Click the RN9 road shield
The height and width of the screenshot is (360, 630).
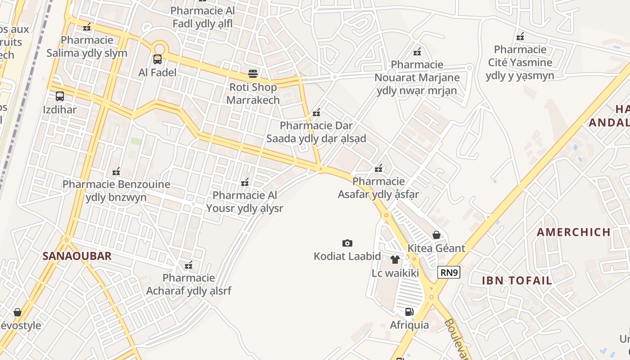449,272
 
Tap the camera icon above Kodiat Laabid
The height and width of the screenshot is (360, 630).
347,243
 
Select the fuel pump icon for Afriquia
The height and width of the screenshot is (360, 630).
409,311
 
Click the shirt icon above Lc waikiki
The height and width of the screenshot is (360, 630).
395,260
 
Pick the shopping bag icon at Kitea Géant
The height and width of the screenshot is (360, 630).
436,235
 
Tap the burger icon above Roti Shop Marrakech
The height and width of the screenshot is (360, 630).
253,73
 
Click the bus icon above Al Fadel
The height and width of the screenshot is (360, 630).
157,59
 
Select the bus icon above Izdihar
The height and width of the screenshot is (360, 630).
60,96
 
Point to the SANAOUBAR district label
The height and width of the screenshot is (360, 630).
77,256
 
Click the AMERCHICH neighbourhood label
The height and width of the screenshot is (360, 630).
574,232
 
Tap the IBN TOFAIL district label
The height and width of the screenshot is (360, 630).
517,280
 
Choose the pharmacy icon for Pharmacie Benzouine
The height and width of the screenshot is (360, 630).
116,171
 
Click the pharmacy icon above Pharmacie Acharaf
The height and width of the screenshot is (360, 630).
189,265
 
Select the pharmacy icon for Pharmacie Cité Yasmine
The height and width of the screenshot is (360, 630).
520,36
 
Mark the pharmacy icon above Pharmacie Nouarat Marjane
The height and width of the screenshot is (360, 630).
417,52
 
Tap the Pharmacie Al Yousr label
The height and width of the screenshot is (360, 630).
245,202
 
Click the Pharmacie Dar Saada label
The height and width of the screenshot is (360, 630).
316,132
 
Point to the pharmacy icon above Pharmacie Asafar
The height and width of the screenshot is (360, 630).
378,168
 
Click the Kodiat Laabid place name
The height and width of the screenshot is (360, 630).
347,256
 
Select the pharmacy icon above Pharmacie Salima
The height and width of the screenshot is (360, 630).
87,27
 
